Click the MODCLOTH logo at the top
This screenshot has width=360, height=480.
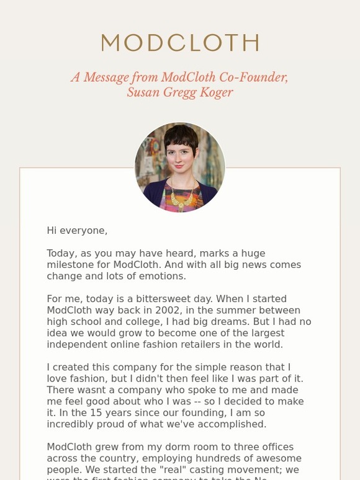[x=180, y=43]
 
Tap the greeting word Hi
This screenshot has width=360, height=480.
[x=52, y=231]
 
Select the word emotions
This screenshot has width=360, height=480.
[x=162, y=276]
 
